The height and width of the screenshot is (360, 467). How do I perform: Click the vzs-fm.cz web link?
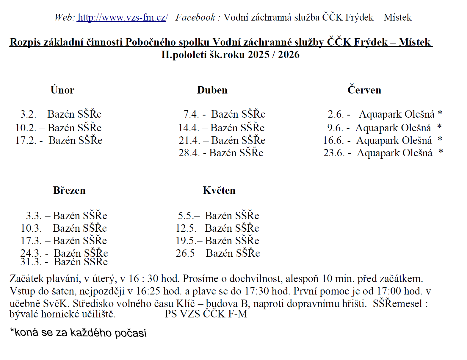pyautogui.click(x=122, y=18)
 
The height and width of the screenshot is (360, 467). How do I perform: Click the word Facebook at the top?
pyautogui.click(x=195, y=18)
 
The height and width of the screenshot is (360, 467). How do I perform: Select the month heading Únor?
pyautogui.click(x=62, y=90)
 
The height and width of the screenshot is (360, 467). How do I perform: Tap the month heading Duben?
pyautogui.click(x=212, y=90)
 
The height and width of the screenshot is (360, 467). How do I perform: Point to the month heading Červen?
pyautogui.click(x=364, y=90)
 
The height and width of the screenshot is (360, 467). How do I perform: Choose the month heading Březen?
pyautogui.click(x=69, y=190)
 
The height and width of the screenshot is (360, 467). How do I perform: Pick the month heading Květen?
pyautogui.click(x=219, y=190)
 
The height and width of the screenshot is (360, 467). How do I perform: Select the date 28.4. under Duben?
pyautogui.click(x=189, y=153)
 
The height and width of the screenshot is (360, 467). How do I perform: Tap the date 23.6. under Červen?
pyautogui.click(x=334, y=153)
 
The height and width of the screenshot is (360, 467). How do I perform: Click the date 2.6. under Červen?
pyautogui.click(x=336, y=114)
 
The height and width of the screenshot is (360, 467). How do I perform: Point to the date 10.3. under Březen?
pyautogui.click(x=31, y=228)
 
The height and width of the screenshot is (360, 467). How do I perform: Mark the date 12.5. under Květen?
pyautogui.click(x=185, y=228)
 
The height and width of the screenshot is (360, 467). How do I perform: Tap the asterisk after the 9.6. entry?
pyautogui.click(x=439, y=127)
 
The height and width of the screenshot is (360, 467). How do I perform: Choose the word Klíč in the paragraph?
pyautogui.click(x=186, y=303)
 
